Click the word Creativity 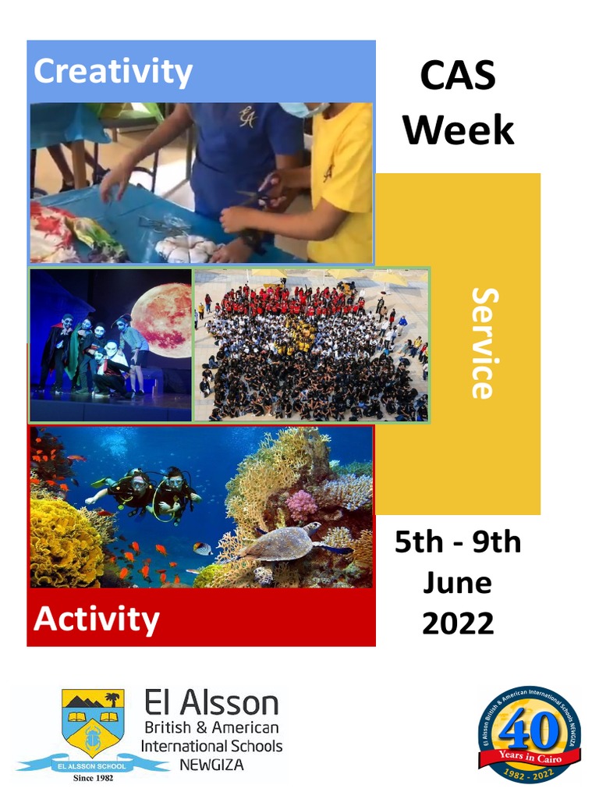[112, 72]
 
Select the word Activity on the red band [97, 620]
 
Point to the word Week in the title [458, 130]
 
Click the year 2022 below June [458, 623]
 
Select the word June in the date [458, 583]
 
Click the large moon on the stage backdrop [161, 320]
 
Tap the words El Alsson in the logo [211, 703]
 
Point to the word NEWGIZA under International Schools [211, 764]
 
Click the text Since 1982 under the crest [93, 778]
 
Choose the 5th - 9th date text [458, 542]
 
